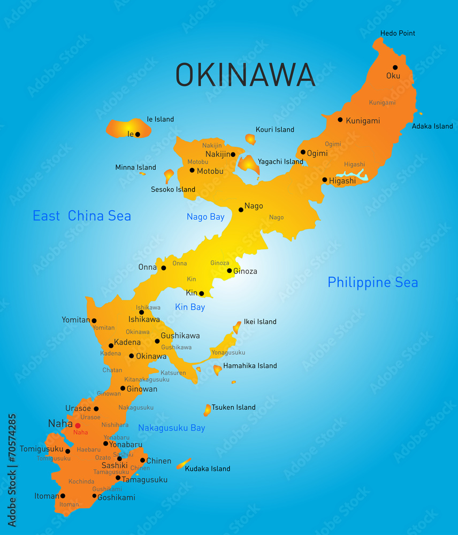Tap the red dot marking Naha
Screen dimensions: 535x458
78,426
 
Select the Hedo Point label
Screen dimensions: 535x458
398,33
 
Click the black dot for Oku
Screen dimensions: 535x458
395,67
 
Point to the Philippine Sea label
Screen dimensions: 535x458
372,282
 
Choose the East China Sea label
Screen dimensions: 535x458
82,216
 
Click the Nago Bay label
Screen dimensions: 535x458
205,217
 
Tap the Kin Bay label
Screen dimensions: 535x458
190,307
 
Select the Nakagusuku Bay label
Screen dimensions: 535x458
171,428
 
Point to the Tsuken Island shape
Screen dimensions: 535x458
207,410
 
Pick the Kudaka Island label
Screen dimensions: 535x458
208,469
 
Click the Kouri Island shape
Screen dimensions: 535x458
250,139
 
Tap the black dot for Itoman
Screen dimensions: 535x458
63,496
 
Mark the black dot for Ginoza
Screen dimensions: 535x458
230,271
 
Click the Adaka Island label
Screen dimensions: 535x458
432,126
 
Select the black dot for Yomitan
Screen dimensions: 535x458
94,321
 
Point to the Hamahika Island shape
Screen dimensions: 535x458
217,369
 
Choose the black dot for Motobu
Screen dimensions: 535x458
192,170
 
